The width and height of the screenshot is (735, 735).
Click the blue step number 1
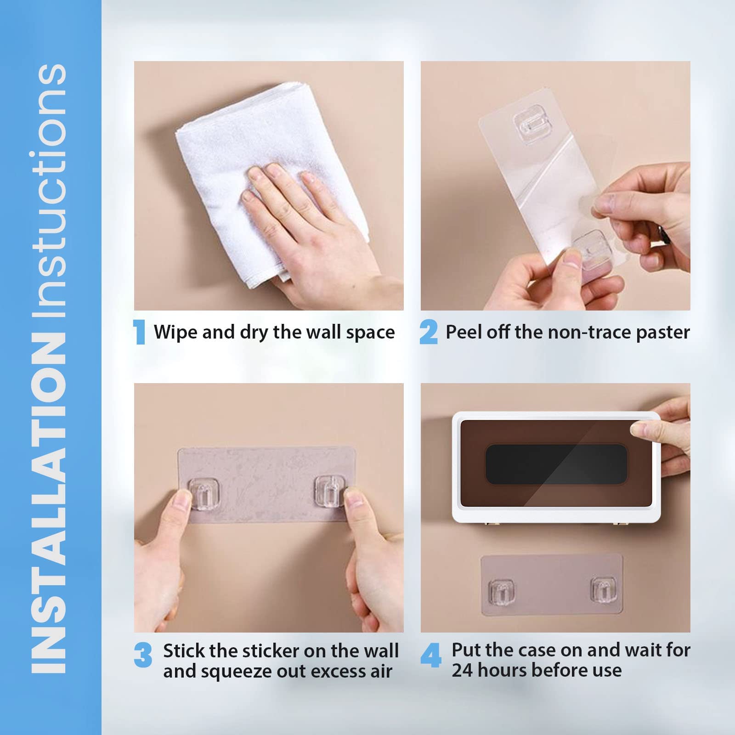(139, 332)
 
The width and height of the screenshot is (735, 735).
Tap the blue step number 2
(429, 332)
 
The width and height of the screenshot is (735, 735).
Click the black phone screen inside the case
(549, 464)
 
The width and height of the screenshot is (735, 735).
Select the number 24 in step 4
(462, 670)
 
